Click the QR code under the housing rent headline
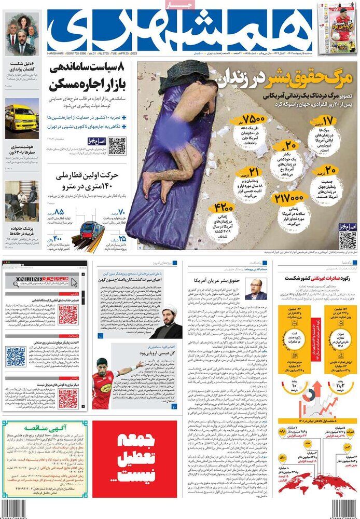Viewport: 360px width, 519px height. click(x=117, y=146)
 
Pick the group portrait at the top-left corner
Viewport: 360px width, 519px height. click(x=22, y=34)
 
